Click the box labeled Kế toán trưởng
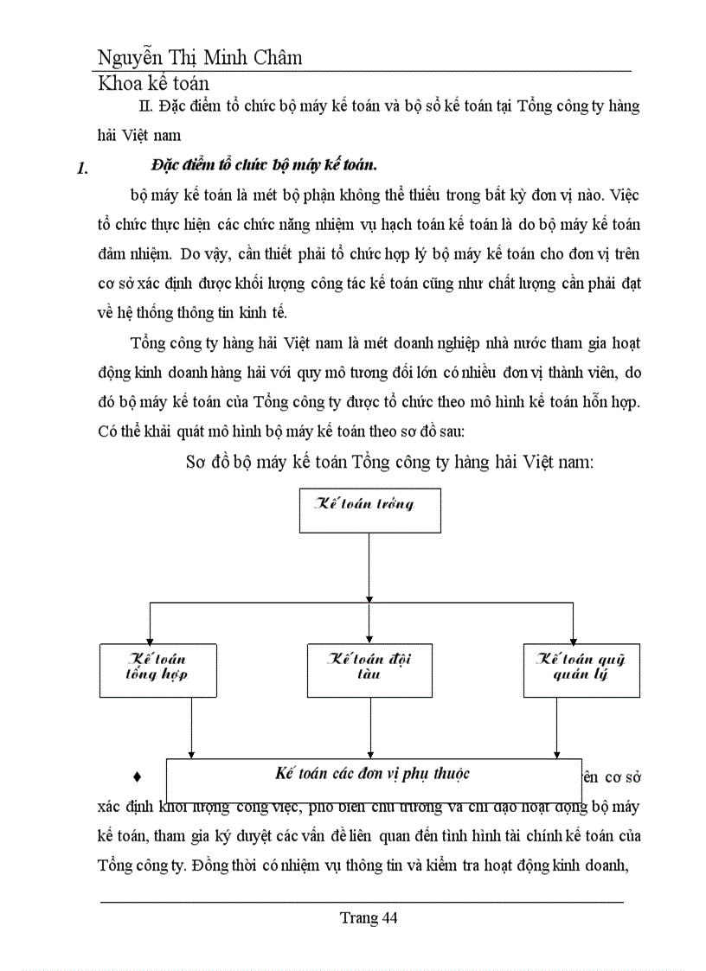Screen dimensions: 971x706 pos(369,510)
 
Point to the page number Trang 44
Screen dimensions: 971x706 pos(369,918)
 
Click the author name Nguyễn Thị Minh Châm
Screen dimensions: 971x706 pos(200,58)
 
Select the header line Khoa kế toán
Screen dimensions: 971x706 pos(153,84)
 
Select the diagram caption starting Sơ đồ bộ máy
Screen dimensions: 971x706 pos(389,461)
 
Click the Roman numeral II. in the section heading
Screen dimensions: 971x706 pos(146,106)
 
